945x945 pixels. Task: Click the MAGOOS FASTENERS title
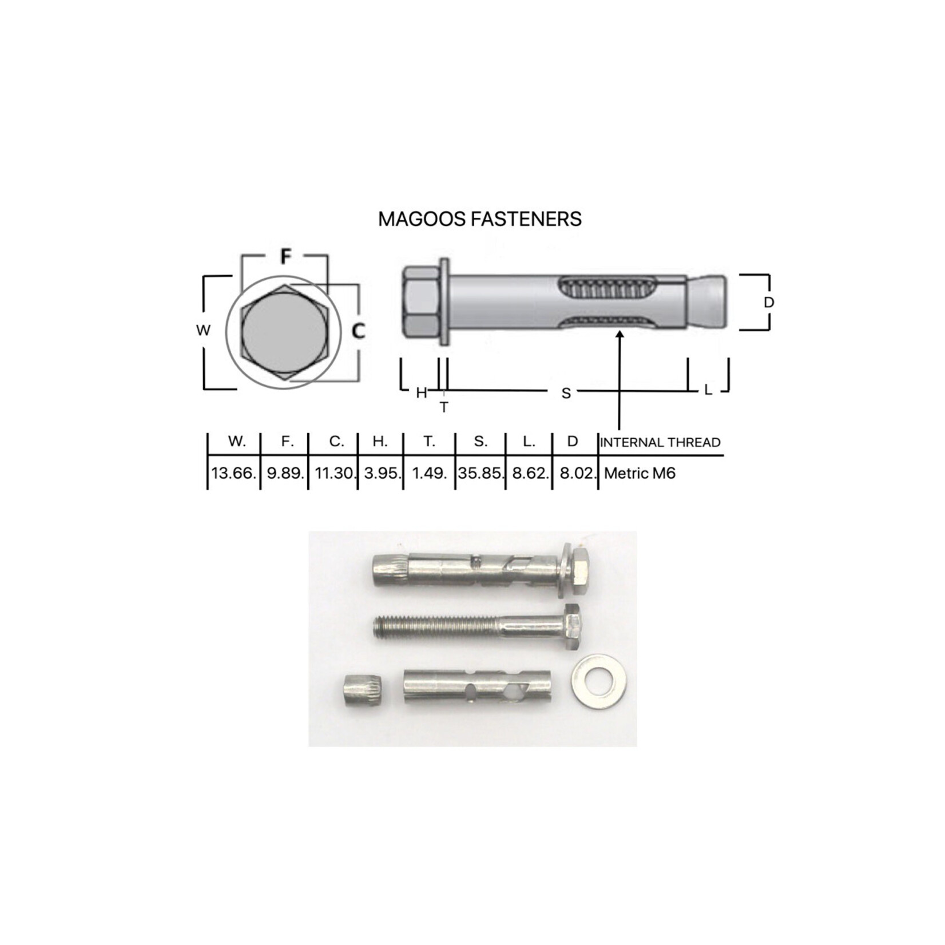480,219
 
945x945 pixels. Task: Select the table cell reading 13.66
233,474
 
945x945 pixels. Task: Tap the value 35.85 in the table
481,474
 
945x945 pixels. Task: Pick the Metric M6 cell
640,474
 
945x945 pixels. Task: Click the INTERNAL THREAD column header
660,442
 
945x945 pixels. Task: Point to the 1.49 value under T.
429,474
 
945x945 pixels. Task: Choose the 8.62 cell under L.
529,474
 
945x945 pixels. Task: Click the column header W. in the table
237,442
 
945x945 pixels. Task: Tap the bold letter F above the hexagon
285,257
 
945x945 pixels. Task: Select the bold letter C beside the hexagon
358,331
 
